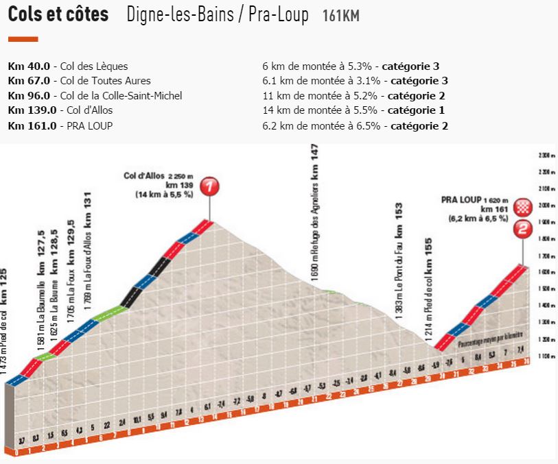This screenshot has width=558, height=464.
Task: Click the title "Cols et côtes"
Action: pos(58,15)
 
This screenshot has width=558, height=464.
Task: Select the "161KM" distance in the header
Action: pos(340,16)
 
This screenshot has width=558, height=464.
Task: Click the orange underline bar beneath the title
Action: pos(23,39)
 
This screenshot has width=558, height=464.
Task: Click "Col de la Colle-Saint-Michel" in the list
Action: pos(125,96)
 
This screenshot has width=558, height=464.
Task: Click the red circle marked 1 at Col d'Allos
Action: pos(211,185)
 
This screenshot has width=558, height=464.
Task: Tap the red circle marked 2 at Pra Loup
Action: pos(523,230)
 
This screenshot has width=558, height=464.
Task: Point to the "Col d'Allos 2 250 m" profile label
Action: pos(157,175)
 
